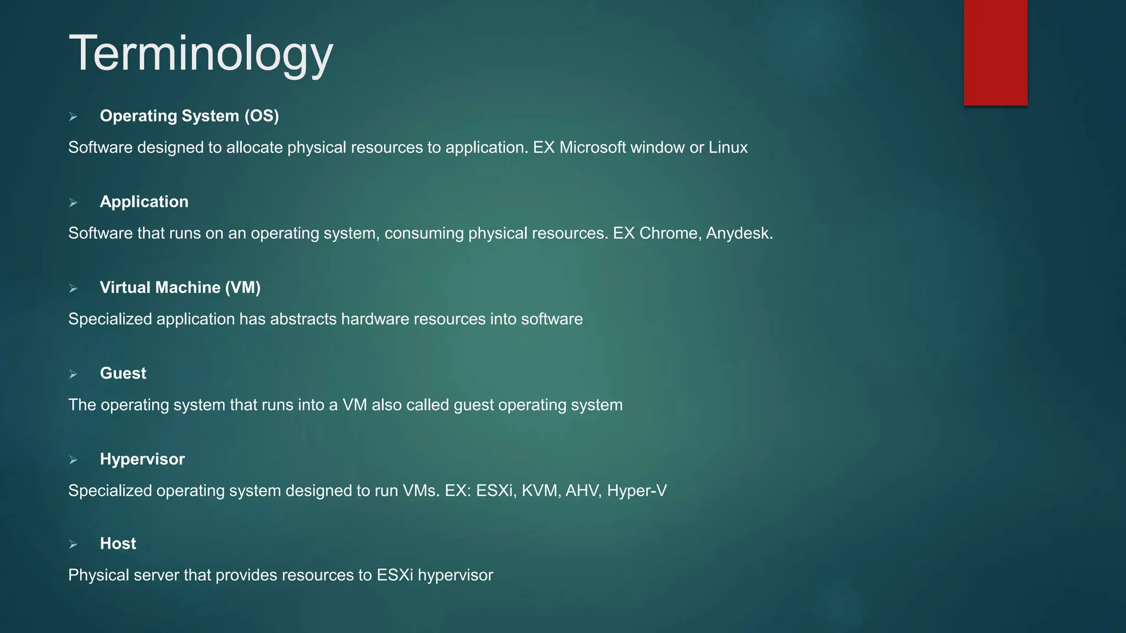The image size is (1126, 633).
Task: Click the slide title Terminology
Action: [x=201, y=54]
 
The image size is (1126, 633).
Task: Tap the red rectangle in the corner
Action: [x=995, y=52]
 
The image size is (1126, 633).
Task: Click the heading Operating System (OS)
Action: [x=189, y=116]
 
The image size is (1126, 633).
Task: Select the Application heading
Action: [x=144, y=202]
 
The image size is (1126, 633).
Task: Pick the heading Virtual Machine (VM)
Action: [x=180, y=287]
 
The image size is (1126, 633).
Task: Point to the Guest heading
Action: [x=123, y=373]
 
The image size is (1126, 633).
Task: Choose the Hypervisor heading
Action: [x=142, y=459]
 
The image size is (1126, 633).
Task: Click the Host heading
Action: [x=118, y=543]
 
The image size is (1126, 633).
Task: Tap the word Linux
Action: [x=728, y=147]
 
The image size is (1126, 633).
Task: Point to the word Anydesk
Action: [x=738, y=233]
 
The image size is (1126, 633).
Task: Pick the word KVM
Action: [x=540, y=490]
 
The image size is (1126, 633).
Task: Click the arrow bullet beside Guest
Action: [x=73, y=374]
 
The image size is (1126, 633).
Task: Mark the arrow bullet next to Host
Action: [x=73, y=545]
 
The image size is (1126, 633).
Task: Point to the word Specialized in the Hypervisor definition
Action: [x=110, y=490]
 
